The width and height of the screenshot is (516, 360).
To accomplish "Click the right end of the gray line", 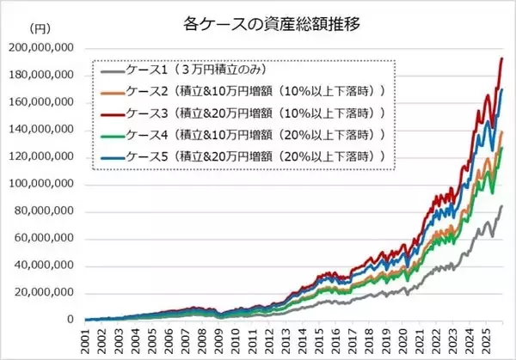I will coord(502,206).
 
